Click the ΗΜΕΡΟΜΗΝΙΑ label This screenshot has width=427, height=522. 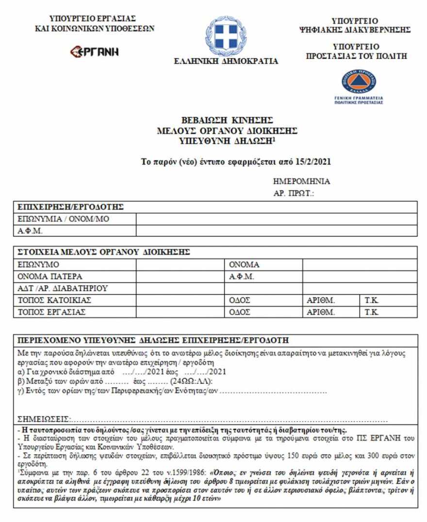click(302, 181)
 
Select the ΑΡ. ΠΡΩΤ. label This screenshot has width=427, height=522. click(294, 193)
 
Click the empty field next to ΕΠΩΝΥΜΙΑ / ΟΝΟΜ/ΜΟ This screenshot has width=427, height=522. click(276, 219)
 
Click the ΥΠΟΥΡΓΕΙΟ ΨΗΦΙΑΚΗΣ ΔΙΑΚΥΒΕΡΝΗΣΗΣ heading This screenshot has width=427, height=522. click(355, 25)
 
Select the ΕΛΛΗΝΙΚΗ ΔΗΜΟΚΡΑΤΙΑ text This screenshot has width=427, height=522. click(226, 61)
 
